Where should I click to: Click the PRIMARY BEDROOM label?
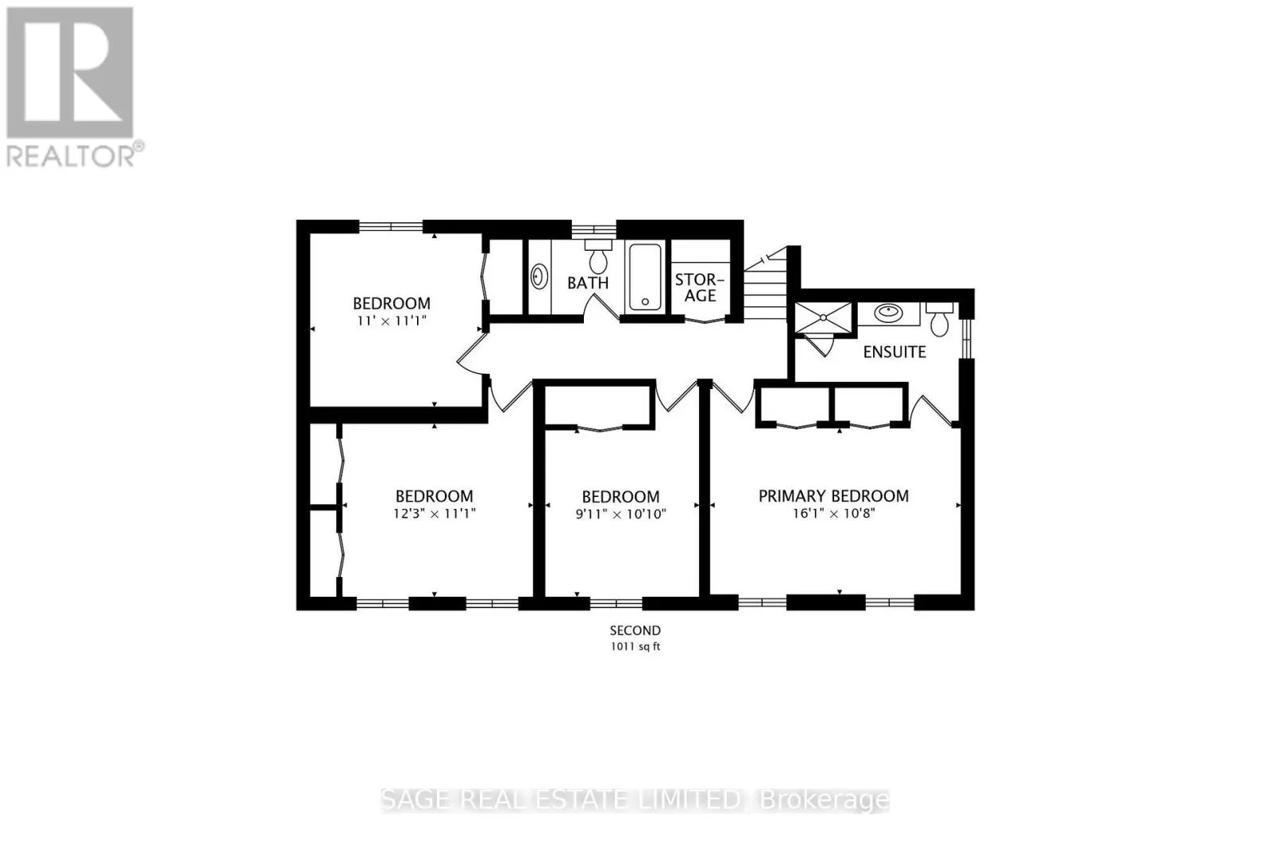pos(833,496)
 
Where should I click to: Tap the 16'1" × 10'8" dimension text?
pos(833,514)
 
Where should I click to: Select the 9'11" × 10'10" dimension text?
pos(620,514)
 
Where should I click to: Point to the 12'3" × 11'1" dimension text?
pos(435,514)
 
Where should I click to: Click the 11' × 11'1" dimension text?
pos(392,321)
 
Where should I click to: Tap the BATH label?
pos(588,283)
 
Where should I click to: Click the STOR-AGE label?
pos(700,287)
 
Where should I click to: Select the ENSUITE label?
pos(894,352)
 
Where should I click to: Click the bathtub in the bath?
pos(645,276)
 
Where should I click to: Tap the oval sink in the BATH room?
pos(539,277)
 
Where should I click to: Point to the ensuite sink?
pos(888,313)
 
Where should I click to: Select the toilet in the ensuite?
pos(940,320)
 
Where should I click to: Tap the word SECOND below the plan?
pos(635,630)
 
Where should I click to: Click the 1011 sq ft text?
pos(635,647)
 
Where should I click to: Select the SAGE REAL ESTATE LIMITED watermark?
pos(564,800)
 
